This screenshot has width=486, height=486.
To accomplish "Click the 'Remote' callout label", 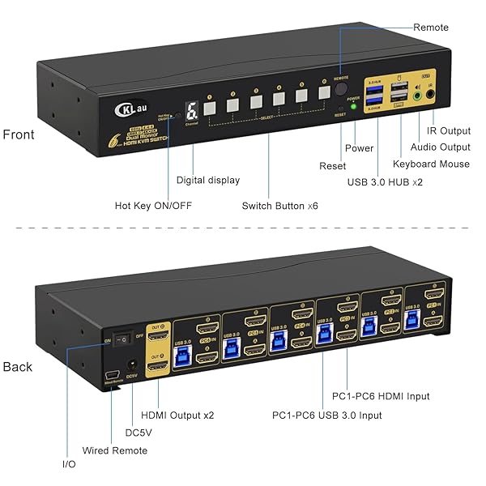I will (430, 28).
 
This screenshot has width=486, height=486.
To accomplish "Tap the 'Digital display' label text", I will (208, 180).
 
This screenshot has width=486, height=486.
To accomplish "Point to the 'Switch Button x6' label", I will (279, 206).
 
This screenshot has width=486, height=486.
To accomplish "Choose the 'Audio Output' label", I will (440, 147).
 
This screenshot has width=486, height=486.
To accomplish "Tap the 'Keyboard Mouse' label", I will (431, 164).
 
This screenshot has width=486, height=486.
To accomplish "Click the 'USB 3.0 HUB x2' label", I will (385, 182).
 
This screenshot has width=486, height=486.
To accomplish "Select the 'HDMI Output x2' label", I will (177, 415).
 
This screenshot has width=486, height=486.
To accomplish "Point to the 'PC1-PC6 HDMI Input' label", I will (381, 396).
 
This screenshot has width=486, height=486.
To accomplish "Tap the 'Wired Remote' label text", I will (115, 450).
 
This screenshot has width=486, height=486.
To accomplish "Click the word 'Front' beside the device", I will (19, 134).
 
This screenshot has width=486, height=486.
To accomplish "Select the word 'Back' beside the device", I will (18, 367).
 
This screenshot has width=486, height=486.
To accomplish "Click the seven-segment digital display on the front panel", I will (190, 109).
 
